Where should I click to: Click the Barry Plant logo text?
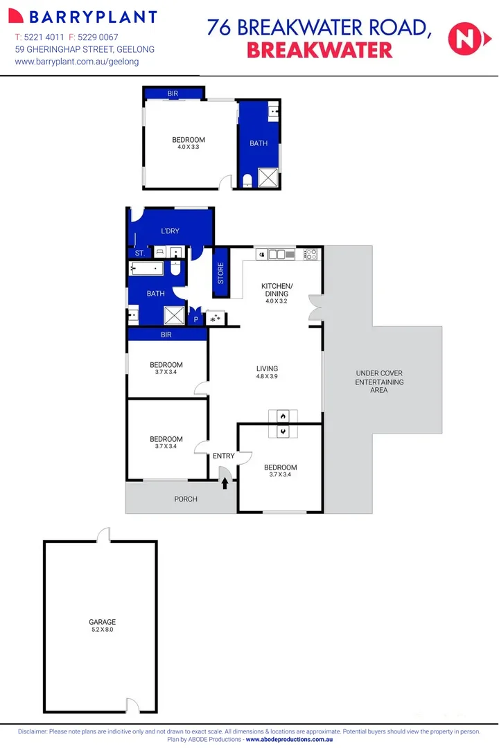click(86, 17)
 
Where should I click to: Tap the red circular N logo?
click(464, 38)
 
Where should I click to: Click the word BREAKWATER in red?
click(319, 50)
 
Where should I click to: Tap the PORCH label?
click(186, 499)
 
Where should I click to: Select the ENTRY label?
click(224, 456)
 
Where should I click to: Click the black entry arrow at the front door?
click(225, 483)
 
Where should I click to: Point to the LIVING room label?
click(267, 368)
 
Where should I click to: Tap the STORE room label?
click(221, 272)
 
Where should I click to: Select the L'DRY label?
click(170, 230)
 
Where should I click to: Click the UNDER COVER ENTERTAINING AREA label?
click(379, 382)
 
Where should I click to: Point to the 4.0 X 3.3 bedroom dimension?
click(189, 147)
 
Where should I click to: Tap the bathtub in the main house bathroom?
click(146, 269)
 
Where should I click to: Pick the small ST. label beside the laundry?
click(139, 253)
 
